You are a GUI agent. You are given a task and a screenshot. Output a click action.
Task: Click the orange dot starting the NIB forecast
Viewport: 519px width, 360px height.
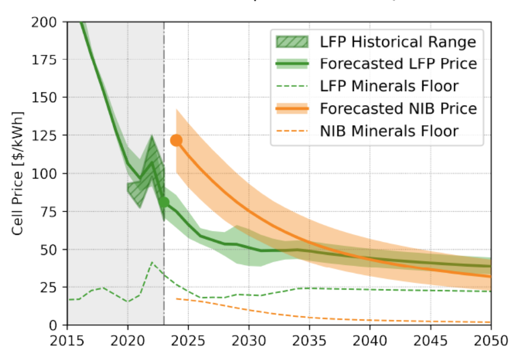(x=176, y=140)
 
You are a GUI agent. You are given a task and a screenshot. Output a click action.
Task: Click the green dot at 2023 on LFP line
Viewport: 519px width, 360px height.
(x=164, y=202)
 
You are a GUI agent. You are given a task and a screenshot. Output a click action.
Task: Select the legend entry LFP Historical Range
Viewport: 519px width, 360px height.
(x=398, y=42)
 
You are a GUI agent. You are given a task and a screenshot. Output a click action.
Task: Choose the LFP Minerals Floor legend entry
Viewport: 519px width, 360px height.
(x=389, y=86)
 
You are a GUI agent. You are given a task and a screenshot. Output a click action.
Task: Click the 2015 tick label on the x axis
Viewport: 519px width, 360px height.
(x=67, y=340)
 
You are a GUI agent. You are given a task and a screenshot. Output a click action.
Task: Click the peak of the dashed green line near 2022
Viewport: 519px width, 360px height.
(x=152, y=262)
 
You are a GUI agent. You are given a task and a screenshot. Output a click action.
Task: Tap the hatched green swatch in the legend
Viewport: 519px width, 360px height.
(x=294, y=42)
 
